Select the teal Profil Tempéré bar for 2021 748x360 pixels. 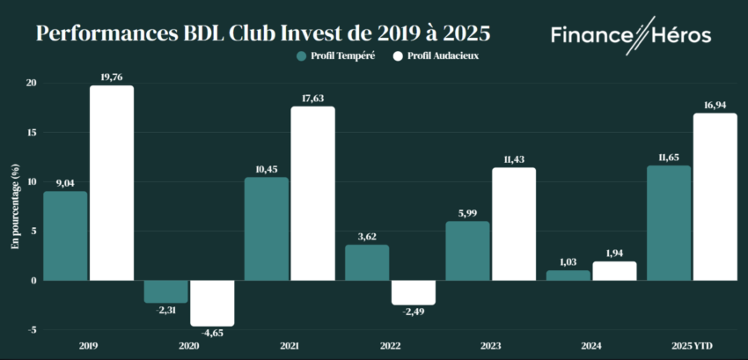point(267,229)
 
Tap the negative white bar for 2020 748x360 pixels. point(212,303)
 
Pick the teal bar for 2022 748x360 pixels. point(367,262)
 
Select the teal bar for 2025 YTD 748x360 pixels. point(669,223)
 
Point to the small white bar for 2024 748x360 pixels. point(614,271)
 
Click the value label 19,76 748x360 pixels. point(112,77)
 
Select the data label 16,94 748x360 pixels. point(715,105)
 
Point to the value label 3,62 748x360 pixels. point(367,236)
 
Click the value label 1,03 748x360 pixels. point(568,261)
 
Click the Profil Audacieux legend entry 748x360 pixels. point(440,55)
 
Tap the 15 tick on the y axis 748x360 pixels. point(32,133)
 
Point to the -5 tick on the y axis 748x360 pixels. point(32,330)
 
